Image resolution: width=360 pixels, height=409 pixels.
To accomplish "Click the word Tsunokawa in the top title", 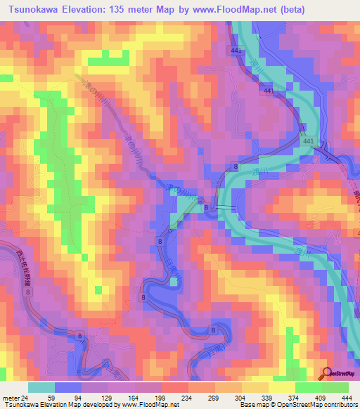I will tap(34, 9).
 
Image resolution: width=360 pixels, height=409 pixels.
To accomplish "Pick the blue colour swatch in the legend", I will tap(67, 387).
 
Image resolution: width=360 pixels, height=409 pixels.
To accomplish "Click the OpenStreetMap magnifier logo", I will tap(328, 373).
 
